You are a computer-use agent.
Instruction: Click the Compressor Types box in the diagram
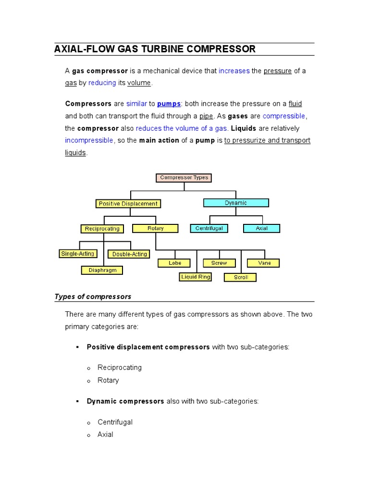[x=184, y=178]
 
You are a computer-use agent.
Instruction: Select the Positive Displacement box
[x=128, y=204]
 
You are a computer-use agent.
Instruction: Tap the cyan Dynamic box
[x=235, y=203]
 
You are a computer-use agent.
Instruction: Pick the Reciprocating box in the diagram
[x=102, y=229]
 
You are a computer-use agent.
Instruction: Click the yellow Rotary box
[x=155, y=229]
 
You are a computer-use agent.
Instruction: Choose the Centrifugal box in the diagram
[x=209, y=229]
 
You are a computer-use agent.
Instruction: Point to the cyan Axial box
[x=261, y=229]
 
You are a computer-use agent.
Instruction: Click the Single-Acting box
[x=77, y=254]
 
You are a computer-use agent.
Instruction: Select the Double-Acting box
[x=129, y=254]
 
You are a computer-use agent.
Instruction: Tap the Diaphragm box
[x=102, y=270]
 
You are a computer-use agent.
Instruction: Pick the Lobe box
[x=174, y=263]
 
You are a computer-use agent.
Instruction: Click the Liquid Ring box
[x=196, y=277]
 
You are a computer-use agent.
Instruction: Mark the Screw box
[x=219, y=263]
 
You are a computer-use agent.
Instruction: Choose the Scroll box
[x=240, y=278]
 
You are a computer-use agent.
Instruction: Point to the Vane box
[x=263, y=263]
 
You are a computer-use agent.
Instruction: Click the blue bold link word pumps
[x=169, y=104]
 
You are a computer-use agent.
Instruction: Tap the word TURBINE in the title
[x=158, y=49]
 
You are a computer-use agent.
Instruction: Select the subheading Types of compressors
[x=93, y=296]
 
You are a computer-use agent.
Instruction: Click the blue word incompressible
[x=89, y=140]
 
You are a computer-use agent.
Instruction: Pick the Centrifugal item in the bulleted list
[x=115, y=422]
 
